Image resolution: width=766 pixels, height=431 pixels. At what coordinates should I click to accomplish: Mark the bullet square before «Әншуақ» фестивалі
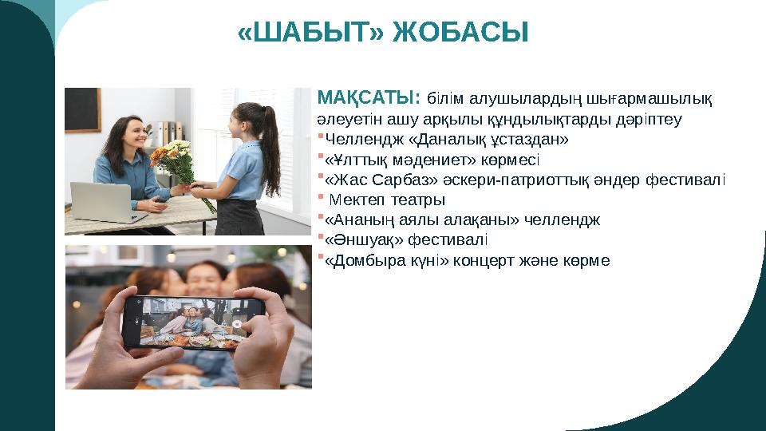coord(321,237)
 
